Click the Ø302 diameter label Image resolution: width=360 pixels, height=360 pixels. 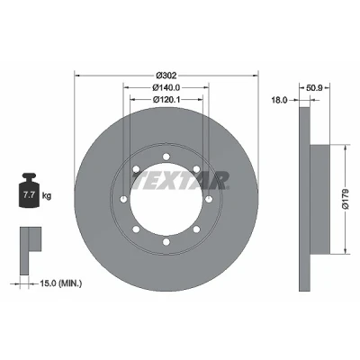pos(166,75)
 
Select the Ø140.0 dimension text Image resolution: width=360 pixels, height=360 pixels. pos(166,87)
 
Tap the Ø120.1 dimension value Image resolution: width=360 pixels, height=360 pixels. pos(166,100)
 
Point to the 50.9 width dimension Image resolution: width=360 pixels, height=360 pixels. pos(314,88)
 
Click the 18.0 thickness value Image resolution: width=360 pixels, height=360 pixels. pos(279,100)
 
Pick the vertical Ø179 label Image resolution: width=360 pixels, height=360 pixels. pos(346,199)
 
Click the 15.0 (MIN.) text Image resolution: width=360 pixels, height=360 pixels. pos(61,283)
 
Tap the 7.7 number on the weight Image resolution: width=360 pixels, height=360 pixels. pos(29,195)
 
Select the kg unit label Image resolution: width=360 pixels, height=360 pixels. pos(47,196)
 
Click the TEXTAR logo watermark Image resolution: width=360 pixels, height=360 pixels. pos(180,181)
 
